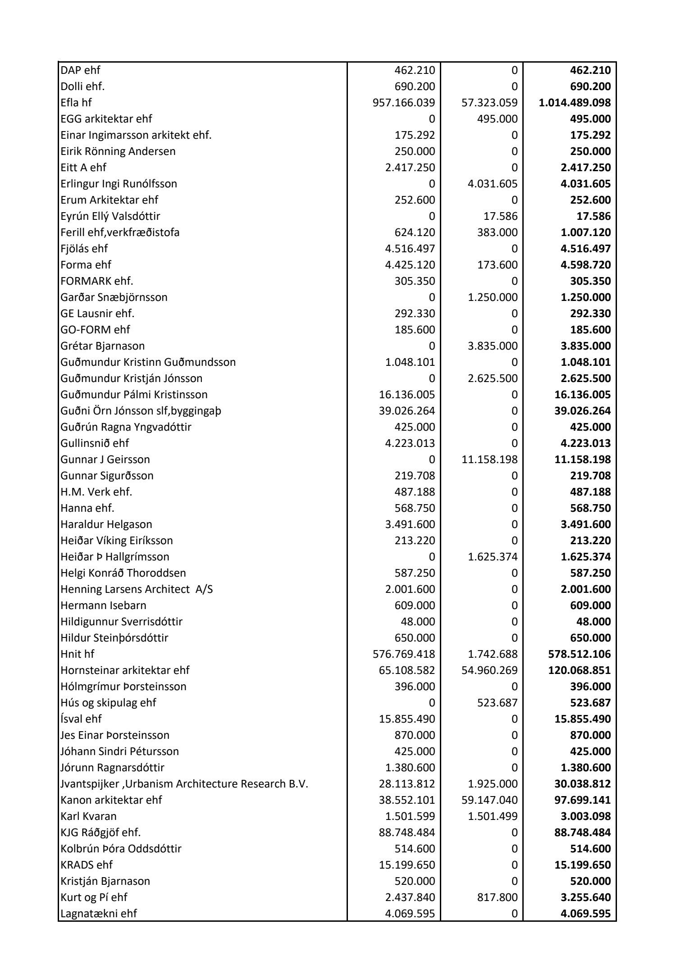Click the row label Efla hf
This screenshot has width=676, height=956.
coord(76,103)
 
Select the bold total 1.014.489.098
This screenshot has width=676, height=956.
coord(575,103)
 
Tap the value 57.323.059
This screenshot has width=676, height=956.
coord(489,103)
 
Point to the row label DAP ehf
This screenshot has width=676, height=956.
coord(81,70)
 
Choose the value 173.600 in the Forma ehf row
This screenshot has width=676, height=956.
coord(498,265)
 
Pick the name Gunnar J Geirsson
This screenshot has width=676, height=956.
coord(105,460)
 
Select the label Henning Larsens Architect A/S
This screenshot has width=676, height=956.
coord(137,589)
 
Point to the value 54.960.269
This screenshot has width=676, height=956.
coord(489,670)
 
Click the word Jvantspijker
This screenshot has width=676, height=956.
coord(90,784)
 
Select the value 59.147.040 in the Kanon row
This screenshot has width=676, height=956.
coord(489,800)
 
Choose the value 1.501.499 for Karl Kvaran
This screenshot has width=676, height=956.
coord(493,816)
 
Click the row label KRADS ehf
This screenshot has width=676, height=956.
coord(87,865)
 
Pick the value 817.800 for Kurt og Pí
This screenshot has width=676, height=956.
coord(498,897)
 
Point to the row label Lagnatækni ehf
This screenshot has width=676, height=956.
coord(99,914)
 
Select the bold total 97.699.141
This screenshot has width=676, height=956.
coord(582,800)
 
